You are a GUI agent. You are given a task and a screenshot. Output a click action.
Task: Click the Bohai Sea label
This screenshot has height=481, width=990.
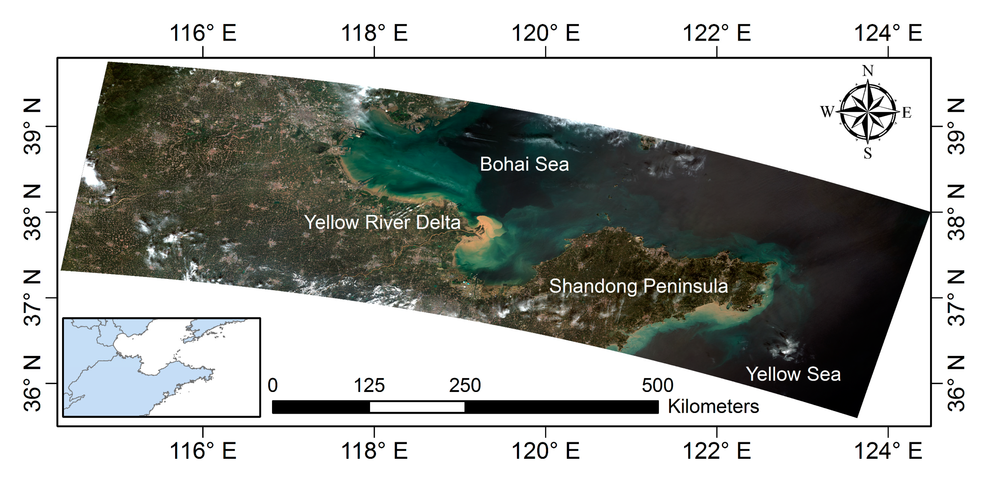(524, 164)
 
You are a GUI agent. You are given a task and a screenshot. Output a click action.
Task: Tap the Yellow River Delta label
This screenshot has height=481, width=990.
(382, 223)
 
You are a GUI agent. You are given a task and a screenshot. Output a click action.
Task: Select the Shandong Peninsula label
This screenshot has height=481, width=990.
(638, 286)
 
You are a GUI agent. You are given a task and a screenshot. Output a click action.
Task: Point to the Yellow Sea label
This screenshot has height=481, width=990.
(793, 374)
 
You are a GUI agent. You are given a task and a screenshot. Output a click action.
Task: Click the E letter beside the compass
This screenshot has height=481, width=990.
(907, 113)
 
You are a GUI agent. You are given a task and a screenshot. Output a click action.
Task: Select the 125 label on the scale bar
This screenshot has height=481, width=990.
(369, 385)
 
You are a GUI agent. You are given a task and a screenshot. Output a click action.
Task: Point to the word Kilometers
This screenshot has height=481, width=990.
(713, 406)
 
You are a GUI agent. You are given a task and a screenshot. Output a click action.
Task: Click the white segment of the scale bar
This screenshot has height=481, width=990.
(417, 407)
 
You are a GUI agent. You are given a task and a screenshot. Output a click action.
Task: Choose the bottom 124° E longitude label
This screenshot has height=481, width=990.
(888, 451)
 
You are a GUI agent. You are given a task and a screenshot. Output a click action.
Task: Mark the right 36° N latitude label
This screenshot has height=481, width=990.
(956, 384)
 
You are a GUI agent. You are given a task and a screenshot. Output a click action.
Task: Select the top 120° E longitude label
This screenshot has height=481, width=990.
(545, 33)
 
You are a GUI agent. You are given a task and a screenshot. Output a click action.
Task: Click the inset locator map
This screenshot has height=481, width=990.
(161, 367)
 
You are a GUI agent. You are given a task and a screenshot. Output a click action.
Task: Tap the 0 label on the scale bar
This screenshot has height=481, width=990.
(273, 385)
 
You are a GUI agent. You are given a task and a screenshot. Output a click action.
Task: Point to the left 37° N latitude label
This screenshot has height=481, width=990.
(32, 298)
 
